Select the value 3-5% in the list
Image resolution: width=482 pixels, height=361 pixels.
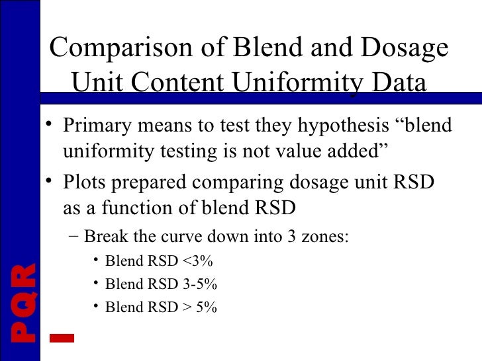point(199,284)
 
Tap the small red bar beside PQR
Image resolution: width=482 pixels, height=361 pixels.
point(62,337)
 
